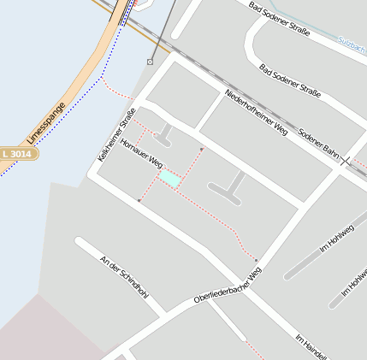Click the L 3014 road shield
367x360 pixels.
(17, 153)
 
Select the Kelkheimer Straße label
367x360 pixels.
(117, 135)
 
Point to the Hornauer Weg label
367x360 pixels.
(142, 151)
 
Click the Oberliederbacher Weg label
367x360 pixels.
(227, 286)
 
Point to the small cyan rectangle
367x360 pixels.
(169, 178)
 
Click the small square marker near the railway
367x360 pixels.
(151, 62)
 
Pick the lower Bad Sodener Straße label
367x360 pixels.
(289, 80)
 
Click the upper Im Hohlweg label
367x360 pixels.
(336, 237)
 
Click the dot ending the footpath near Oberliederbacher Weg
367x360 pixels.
(256, 260)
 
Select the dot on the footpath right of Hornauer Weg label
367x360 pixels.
(202, 150)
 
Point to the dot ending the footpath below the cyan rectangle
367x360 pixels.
(139, 201)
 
